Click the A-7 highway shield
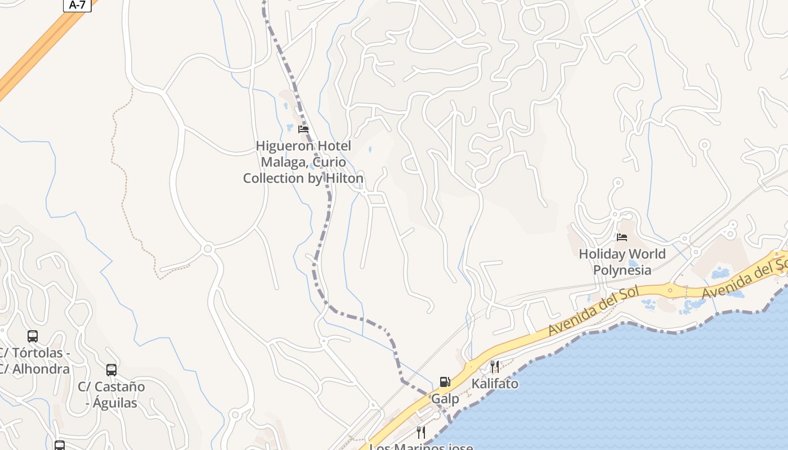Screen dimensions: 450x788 pos(77,5)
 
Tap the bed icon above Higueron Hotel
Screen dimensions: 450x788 pos(303,129)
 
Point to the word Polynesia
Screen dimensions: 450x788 pos(622,270)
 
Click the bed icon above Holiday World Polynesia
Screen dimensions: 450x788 pos(622,237)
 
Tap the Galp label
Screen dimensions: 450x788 pos(445,399)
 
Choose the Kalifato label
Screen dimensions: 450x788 pos(495,384)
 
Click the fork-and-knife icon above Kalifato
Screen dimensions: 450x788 pos(495,367)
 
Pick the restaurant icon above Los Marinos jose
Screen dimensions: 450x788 pos(420,432)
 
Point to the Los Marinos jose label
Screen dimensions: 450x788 pos(421,447)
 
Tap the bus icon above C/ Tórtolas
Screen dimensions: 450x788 pos(33,336)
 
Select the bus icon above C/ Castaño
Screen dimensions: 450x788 pos(111,370)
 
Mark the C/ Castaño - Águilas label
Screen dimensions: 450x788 pos(111,395)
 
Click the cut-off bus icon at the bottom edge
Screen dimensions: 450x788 pos(60,446)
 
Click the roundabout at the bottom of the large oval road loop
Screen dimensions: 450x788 pos(208,248)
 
